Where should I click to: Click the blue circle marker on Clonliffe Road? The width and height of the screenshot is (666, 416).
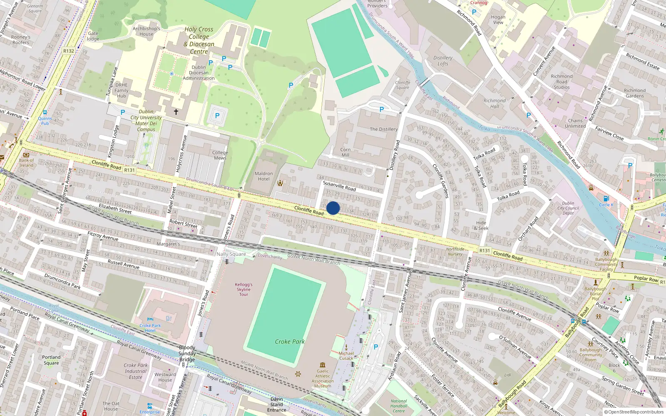tap(333, 208)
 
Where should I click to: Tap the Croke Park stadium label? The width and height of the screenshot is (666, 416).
tap(290, 342)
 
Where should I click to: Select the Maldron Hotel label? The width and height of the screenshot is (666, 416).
tap(263, 176)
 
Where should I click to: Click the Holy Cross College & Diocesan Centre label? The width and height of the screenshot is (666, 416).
tap(199, 40)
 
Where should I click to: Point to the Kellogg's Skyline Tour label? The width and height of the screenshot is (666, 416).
tap(244, 289)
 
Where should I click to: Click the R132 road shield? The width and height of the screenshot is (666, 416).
tap(68, 51)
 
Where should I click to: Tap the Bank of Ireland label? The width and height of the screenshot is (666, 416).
tap(26, 163)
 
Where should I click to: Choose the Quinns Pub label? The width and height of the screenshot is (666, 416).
tap(45, 121)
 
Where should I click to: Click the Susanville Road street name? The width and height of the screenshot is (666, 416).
tap(339, 186)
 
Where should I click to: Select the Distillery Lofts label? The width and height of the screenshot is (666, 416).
tap(443, 61)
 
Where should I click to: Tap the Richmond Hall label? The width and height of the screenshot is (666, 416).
tap(495, 103)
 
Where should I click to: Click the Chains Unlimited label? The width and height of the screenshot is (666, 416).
tap(575, 123)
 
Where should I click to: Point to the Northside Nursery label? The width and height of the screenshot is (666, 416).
tap(455, 251)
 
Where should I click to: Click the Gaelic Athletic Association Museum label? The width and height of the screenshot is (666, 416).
tap(323, 378)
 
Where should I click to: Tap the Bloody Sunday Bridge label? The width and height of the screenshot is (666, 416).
tap(187, 353)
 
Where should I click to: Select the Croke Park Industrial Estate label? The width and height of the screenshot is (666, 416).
tap(136, 371)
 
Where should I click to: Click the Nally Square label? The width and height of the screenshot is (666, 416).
tap(231, 254)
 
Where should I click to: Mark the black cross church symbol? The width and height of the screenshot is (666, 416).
tap(176, 112)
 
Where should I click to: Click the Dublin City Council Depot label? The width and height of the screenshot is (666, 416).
tap(568, 208)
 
